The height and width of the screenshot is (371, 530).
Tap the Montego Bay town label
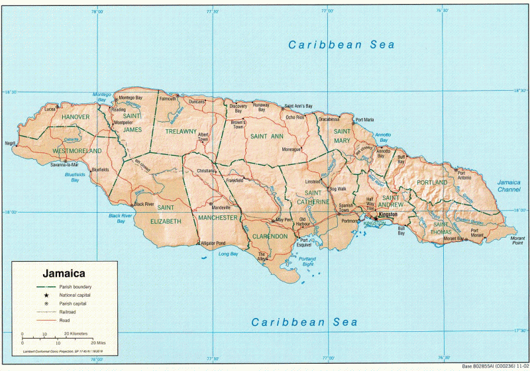(131, 98)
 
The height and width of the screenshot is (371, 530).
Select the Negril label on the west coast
(9, 142)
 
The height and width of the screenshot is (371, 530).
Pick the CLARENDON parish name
(270, 236)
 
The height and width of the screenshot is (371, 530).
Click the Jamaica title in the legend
(64, 272)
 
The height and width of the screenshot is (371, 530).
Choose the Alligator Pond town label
(213, 243)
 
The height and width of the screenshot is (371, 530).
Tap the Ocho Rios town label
(295, 117)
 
